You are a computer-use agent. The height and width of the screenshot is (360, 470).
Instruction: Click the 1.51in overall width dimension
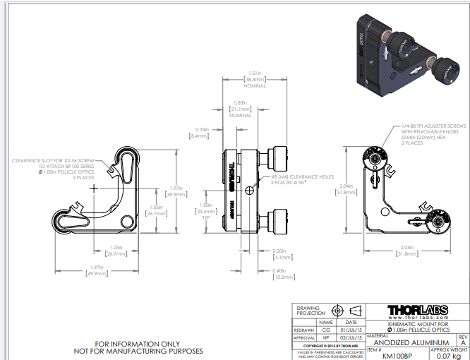pos(255,76)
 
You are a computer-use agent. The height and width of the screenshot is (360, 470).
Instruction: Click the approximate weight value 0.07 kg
pos(449,355)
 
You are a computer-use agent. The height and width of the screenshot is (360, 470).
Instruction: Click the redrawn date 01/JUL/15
pos(351,329)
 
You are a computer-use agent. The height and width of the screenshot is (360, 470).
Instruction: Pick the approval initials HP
pos(326,337)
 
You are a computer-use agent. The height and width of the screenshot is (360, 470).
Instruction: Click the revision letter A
pos(463,342)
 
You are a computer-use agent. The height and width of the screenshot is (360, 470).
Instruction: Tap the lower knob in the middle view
pos(278,220)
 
